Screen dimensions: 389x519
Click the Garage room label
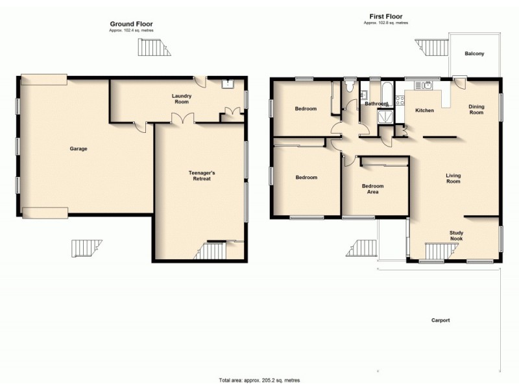(78, 148)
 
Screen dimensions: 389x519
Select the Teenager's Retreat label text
(200, 175)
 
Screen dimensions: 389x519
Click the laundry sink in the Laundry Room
(228, 84)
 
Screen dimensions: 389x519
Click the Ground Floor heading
(131, 24)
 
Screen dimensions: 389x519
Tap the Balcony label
(474, 54)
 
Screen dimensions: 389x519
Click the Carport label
(439, 320)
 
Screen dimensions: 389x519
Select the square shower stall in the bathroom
(385, 117)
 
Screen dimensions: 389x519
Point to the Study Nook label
(461, 235)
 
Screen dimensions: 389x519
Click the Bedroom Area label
(373, 189)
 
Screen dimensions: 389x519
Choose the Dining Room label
(477, 110)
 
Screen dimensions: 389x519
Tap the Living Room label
(453, 178)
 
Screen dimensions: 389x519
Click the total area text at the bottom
(259, 380)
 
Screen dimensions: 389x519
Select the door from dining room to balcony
(460, 83)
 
